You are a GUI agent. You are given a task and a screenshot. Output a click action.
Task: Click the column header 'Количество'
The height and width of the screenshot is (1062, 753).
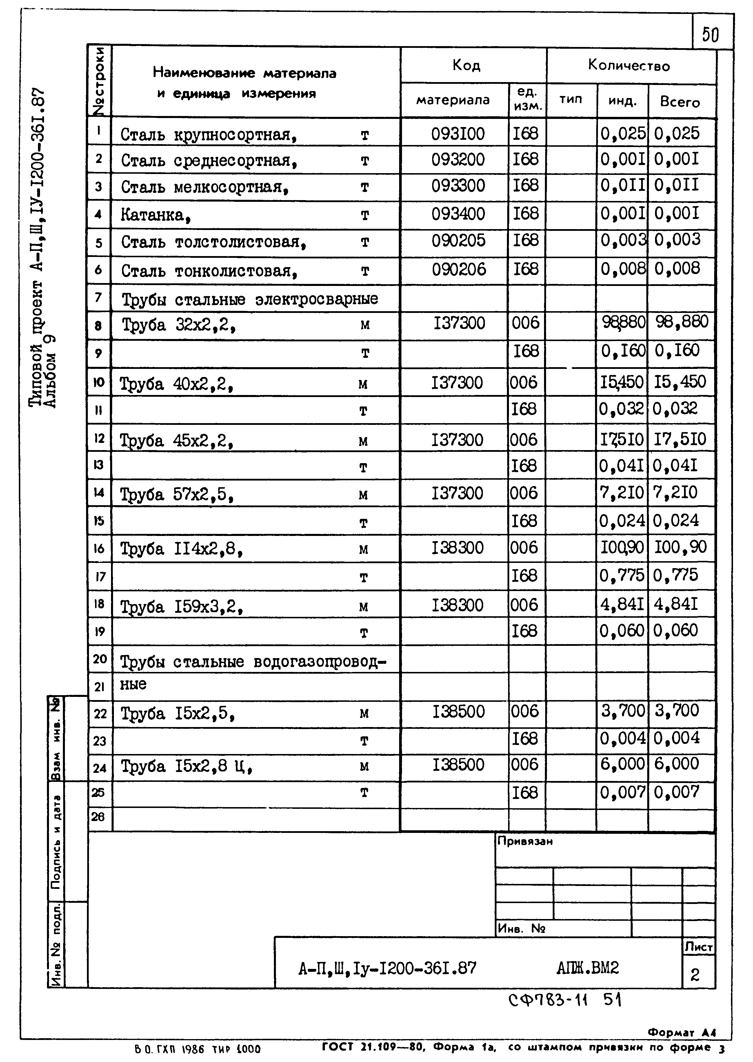pos(629,66)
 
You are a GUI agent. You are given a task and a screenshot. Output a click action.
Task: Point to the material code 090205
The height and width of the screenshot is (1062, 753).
pos(458,241)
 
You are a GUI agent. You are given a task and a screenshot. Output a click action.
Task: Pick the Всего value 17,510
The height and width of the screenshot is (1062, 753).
pos(680,439)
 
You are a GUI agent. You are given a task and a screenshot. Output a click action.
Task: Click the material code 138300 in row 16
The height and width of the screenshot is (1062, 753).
pos(457,548)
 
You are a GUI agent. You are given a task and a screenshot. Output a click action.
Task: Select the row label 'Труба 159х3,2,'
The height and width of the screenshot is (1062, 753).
pos(182,606)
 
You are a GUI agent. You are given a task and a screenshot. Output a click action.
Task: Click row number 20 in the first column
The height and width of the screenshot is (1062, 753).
pos(100,659)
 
